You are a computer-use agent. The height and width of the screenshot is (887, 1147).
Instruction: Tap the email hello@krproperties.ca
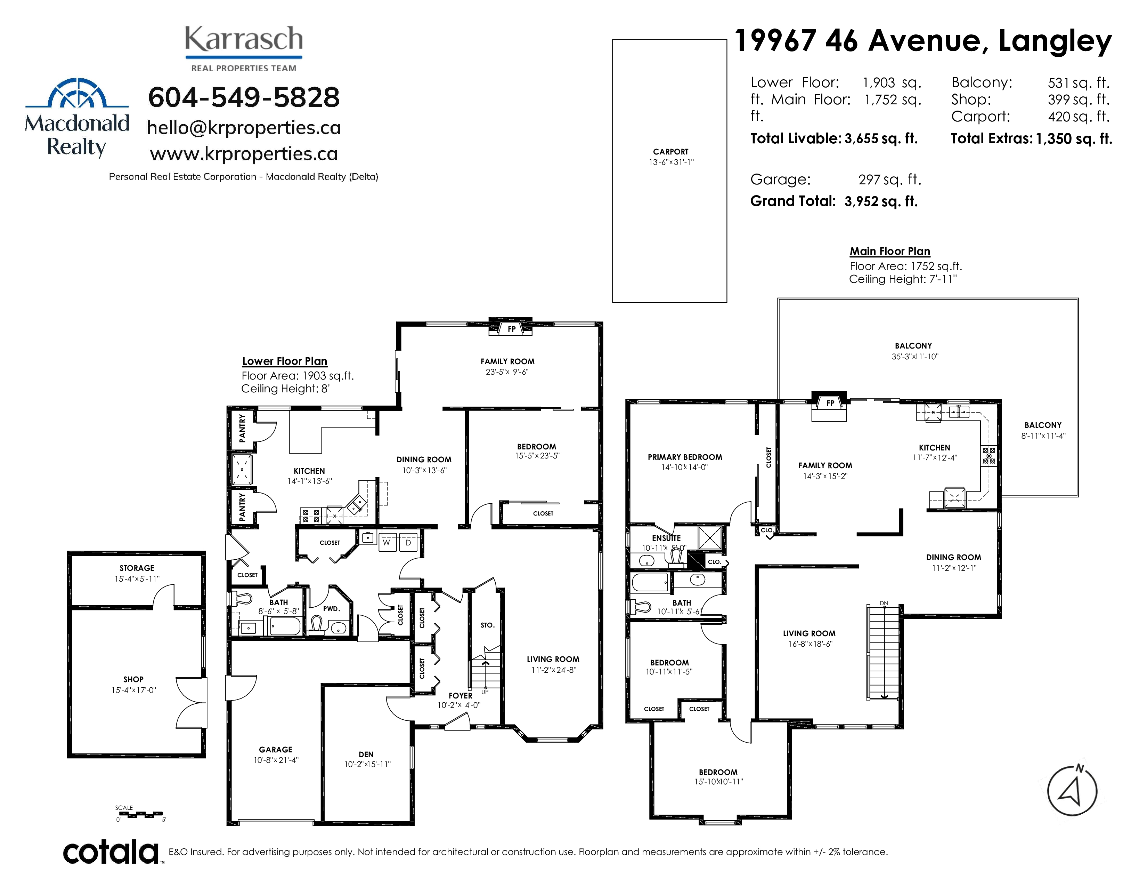[244, 127]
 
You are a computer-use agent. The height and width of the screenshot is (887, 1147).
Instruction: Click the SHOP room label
[133, 679]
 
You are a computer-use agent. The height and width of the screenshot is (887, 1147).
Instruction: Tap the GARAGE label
[276, 749]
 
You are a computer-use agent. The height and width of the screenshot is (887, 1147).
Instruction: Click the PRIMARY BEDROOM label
[685, 457]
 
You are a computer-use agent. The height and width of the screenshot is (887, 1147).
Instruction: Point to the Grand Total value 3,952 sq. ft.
[881, 201]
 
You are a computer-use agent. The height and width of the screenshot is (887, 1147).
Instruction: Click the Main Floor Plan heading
[890, 251]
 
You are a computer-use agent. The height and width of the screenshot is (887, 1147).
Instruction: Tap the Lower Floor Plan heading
[285, 361]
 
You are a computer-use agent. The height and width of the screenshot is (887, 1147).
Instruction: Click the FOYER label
[461, 696]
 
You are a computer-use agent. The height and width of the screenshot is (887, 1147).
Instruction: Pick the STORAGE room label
[137, 568]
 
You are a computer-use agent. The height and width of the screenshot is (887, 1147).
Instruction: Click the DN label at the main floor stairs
[884, 603]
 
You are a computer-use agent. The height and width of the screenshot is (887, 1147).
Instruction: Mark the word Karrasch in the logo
[244, 39]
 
